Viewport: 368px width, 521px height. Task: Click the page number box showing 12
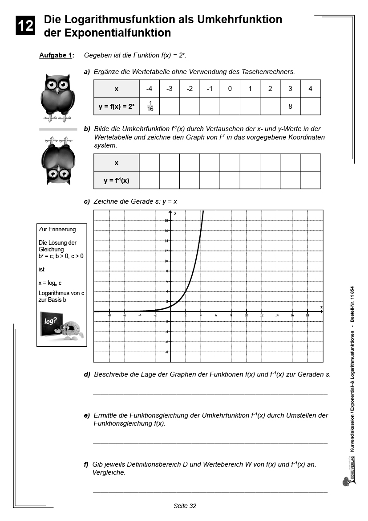[x=25, y=25]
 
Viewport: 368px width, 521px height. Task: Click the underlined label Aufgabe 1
[x=56, y=55]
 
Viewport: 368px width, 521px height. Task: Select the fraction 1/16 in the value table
[x=150, y=106]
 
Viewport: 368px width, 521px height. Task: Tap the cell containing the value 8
[x=290, y=107]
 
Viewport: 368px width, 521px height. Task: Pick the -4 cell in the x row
[x=150, y=89]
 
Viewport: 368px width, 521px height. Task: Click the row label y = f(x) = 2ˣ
[x=117, y=107]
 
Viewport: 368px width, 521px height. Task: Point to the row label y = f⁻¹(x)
[x=117, y=181]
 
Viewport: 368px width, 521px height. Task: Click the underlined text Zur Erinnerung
[x=57, y=230]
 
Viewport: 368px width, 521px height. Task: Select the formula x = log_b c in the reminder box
[x=50, y=283]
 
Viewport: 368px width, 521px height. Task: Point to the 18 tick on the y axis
[x=166, y=221]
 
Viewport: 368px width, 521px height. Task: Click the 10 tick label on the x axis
[x=246, y=315]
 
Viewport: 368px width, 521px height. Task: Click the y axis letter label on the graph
[x=175, y=213]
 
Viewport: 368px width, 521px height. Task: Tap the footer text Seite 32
[x=185, y=506]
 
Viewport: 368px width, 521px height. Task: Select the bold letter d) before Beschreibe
[x=87, y=374]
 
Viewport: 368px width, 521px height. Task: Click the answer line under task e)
[x=210, y=443]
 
